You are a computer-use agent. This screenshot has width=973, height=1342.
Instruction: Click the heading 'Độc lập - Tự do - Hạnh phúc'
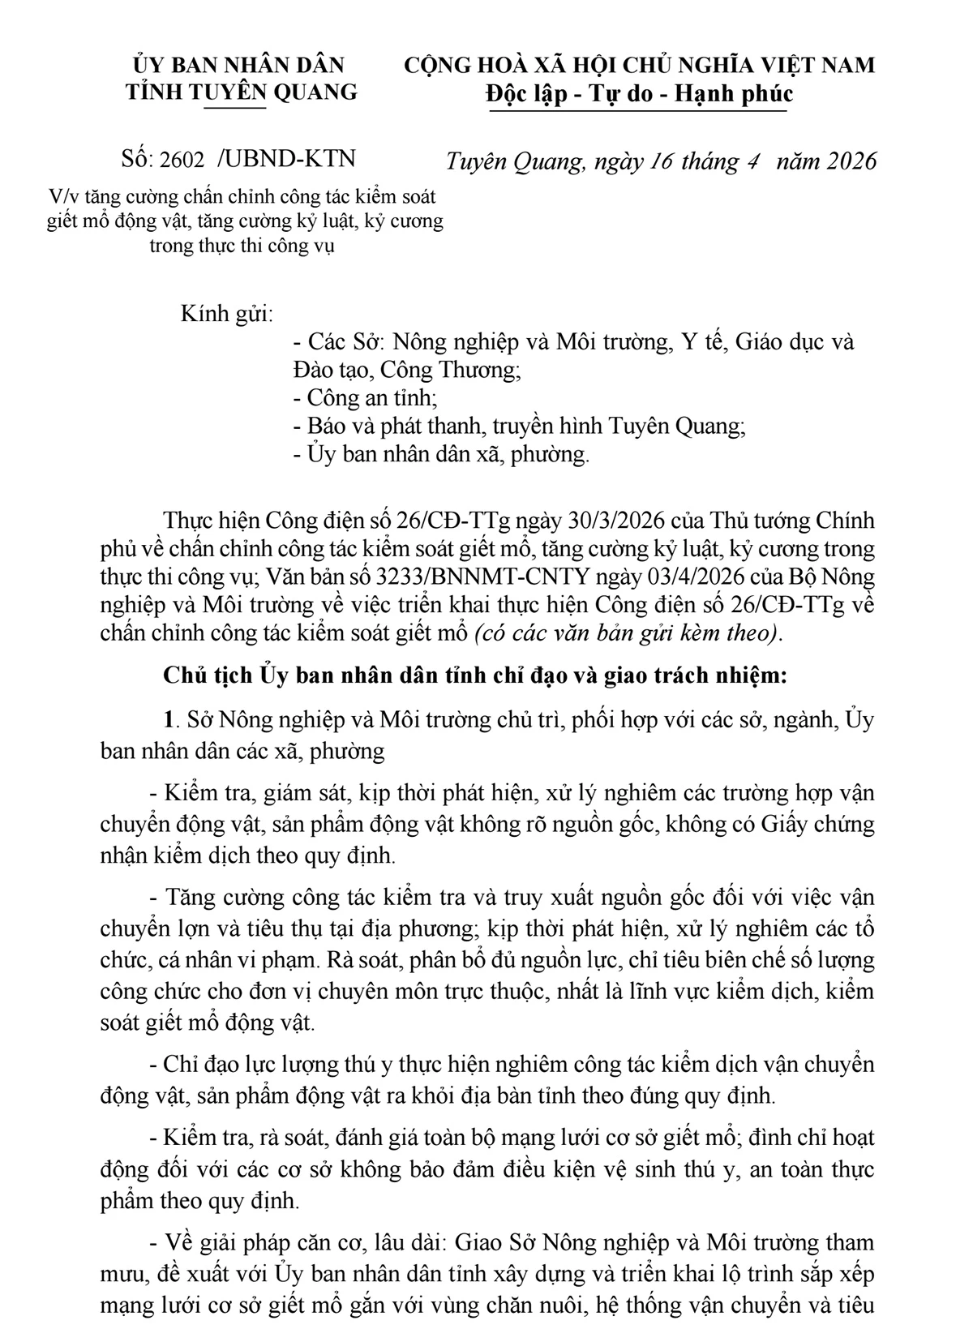639,94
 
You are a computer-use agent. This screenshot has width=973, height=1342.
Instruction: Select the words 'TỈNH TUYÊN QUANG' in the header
241,92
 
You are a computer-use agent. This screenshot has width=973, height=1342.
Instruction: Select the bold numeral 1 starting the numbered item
169,720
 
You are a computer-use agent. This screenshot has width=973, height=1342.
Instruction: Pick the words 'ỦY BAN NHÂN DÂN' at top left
239,65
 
